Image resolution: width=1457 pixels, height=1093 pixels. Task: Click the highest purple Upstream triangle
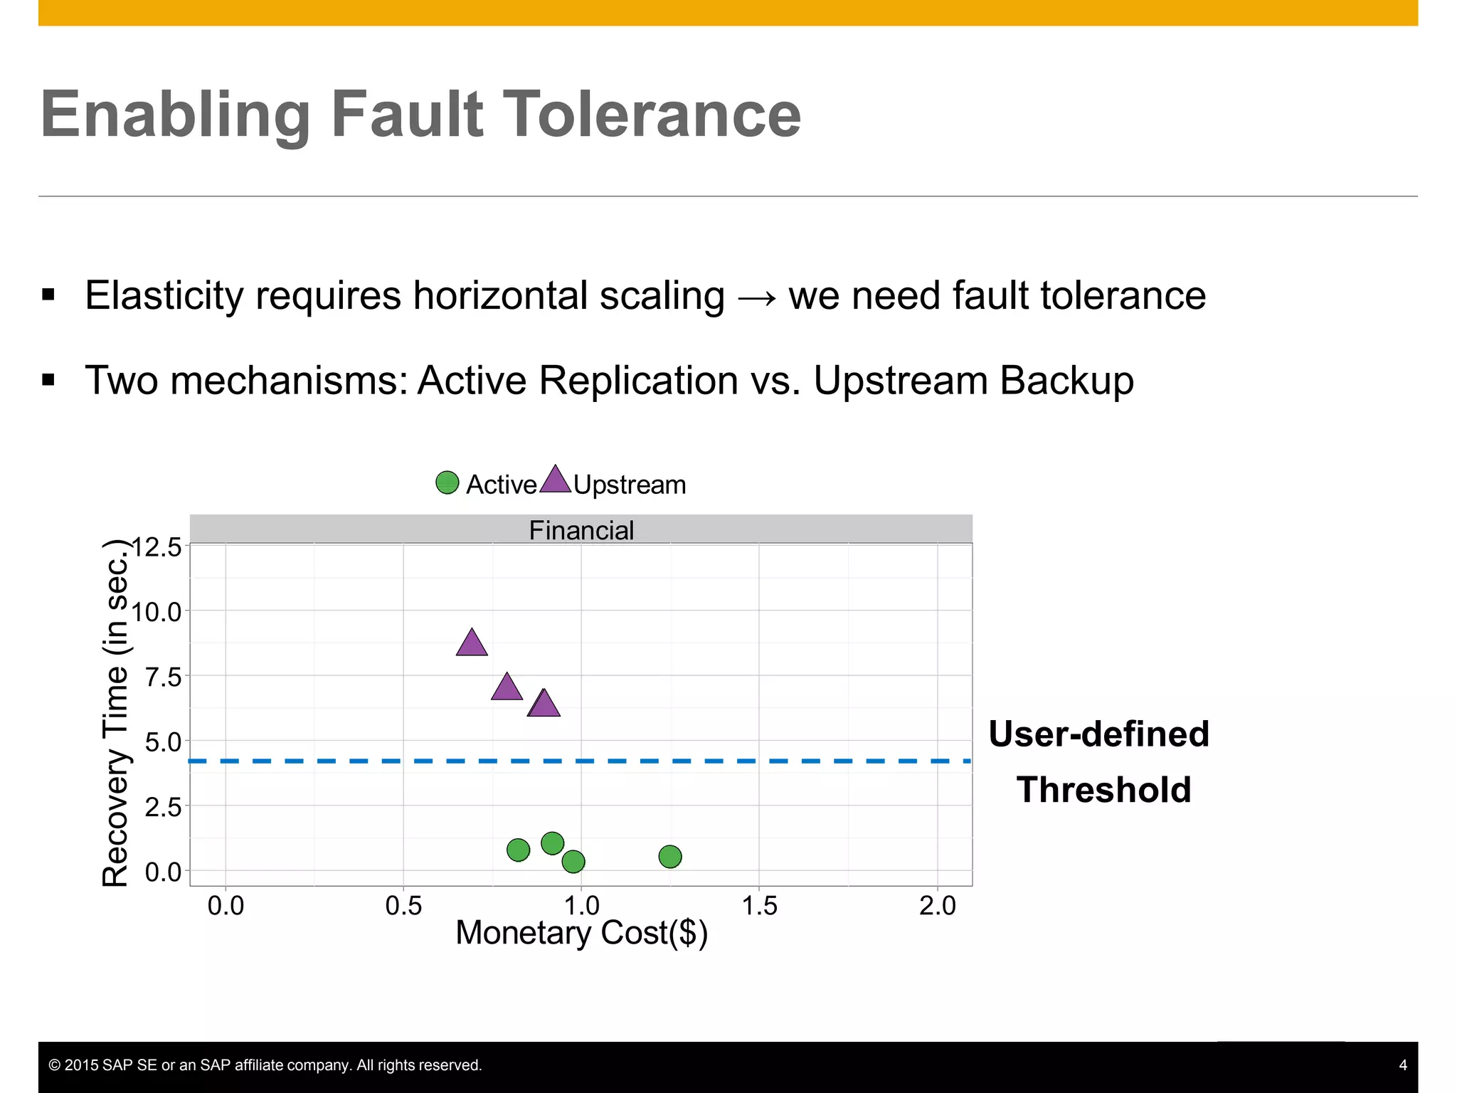tap(472, 644)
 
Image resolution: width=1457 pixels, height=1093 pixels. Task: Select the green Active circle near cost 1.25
tap(670, 856)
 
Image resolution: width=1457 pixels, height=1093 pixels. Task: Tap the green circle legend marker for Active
tap(447, 482)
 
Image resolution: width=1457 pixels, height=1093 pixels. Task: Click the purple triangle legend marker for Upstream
tap(555, 481)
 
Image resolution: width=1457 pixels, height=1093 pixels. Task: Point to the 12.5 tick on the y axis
tap(157, 547)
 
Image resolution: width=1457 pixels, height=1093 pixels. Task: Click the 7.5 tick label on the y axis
tap(163, 677)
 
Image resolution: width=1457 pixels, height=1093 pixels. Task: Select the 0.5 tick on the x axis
tap(403, 906)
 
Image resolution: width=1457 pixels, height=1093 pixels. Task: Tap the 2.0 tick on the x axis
tap(937, 906)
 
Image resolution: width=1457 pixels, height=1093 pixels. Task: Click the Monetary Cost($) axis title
tap(581, 933)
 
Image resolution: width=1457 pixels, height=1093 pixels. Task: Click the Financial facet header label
tap(581, 530)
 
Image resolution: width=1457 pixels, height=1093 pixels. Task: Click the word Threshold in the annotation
tap(1103, 790)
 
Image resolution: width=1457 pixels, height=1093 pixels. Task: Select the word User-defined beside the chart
tap(1098, 734)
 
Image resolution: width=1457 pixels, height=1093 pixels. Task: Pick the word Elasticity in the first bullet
tap(164, 295)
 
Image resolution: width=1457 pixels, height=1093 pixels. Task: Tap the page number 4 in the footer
tap(1403, 1065)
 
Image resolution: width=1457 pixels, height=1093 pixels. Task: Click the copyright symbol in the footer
tap(54, 1065)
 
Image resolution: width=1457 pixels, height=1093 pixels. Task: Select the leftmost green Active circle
tap(518, 850)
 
